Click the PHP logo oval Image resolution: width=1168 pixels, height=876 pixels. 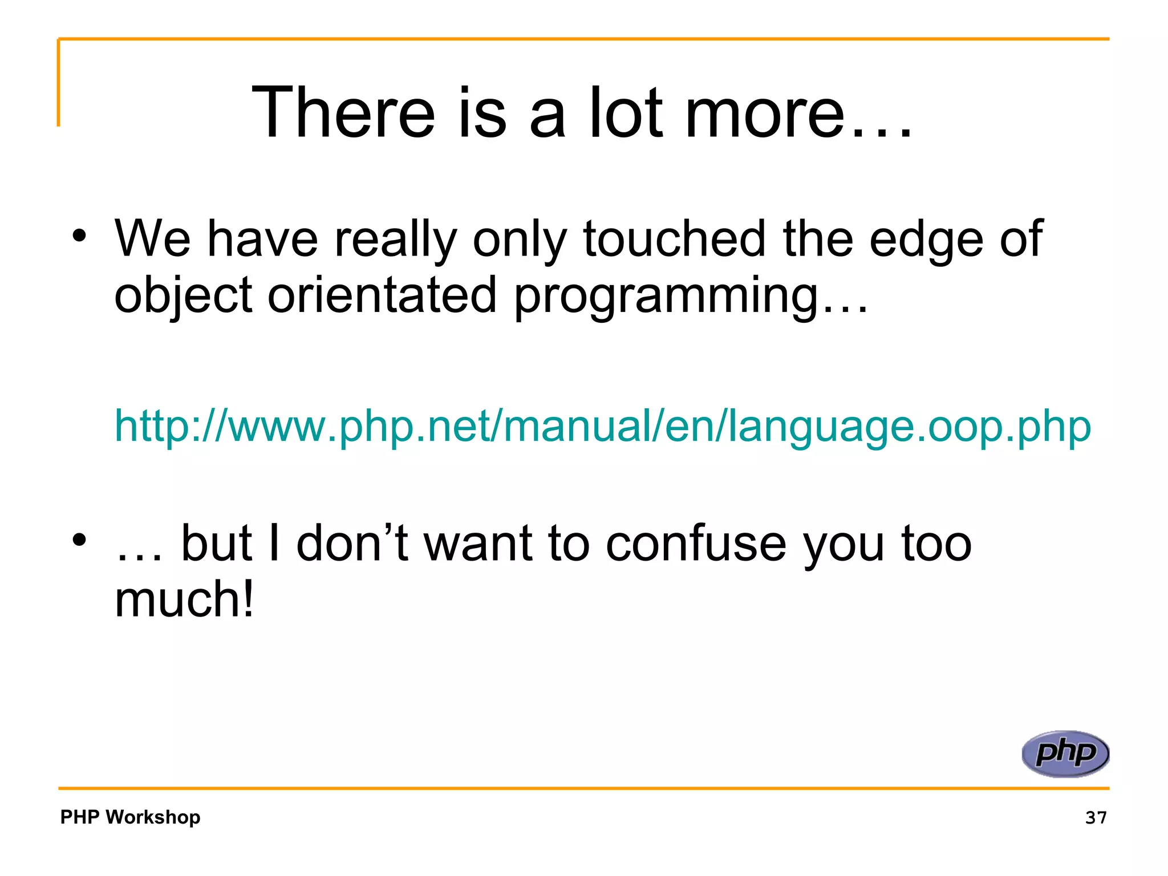coord(1065,753)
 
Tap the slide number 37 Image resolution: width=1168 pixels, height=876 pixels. coord(1096,817)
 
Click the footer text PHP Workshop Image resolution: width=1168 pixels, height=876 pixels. coord(130,817)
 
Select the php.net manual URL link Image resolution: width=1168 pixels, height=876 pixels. coord(602,426)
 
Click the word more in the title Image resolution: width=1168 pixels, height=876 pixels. coord(764,113)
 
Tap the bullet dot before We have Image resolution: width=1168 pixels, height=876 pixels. coord(79,235)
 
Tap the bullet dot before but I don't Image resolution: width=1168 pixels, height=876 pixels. coord(79,539)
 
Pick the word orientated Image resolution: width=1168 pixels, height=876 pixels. coord(382,295)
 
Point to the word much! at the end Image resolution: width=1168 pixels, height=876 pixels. coord(184,599)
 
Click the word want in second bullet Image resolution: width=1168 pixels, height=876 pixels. coord(478,544)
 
